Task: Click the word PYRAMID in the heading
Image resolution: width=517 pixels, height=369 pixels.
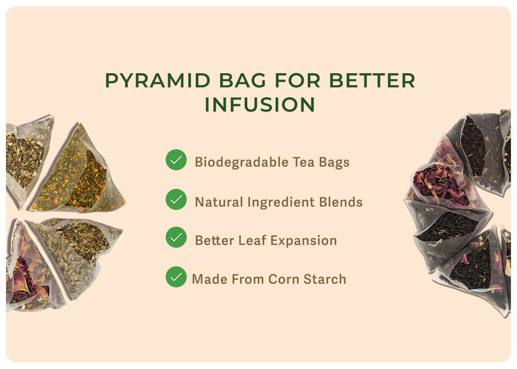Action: [158, 81]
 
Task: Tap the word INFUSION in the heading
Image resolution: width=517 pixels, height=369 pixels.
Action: [260, 105]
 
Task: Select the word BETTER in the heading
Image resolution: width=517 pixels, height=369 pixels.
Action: [372, 81]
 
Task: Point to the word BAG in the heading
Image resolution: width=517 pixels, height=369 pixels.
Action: [243, 81]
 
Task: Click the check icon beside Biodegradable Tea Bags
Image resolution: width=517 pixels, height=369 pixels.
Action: [176, 160]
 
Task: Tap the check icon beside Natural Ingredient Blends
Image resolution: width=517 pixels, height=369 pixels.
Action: [176, 199]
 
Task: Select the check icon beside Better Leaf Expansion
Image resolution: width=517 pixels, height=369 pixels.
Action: [176, 237]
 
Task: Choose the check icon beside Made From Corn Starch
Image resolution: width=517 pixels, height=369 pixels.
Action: [176, 277]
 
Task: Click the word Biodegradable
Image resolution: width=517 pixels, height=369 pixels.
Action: [242, 163]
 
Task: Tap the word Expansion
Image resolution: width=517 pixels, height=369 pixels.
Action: [304, 241]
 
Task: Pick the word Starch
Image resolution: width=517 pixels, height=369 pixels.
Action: [325, 279]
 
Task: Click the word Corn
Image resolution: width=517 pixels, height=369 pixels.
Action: [283, 279]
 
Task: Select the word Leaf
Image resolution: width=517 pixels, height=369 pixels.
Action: [252, 240]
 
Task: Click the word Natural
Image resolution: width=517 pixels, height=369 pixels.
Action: [219, 202]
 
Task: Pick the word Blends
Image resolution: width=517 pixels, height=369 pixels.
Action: [341, 202]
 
